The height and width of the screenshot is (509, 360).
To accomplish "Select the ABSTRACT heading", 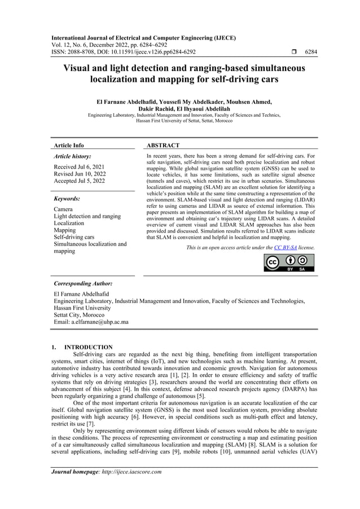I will [163, 146].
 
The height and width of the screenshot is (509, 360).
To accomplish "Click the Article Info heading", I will [68, 146].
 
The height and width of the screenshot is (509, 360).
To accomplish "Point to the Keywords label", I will [67, 199].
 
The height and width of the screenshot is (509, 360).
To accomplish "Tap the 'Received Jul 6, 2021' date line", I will [82, 168].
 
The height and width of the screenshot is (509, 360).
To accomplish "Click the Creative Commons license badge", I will [289, 263].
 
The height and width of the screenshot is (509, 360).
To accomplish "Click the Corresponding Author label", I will [82, 283].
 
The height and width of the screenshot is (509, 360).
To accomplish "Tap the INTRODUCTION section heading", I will [89, 347].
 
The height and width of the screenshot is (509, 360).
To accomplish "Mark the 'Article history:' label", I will [72, 156].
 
